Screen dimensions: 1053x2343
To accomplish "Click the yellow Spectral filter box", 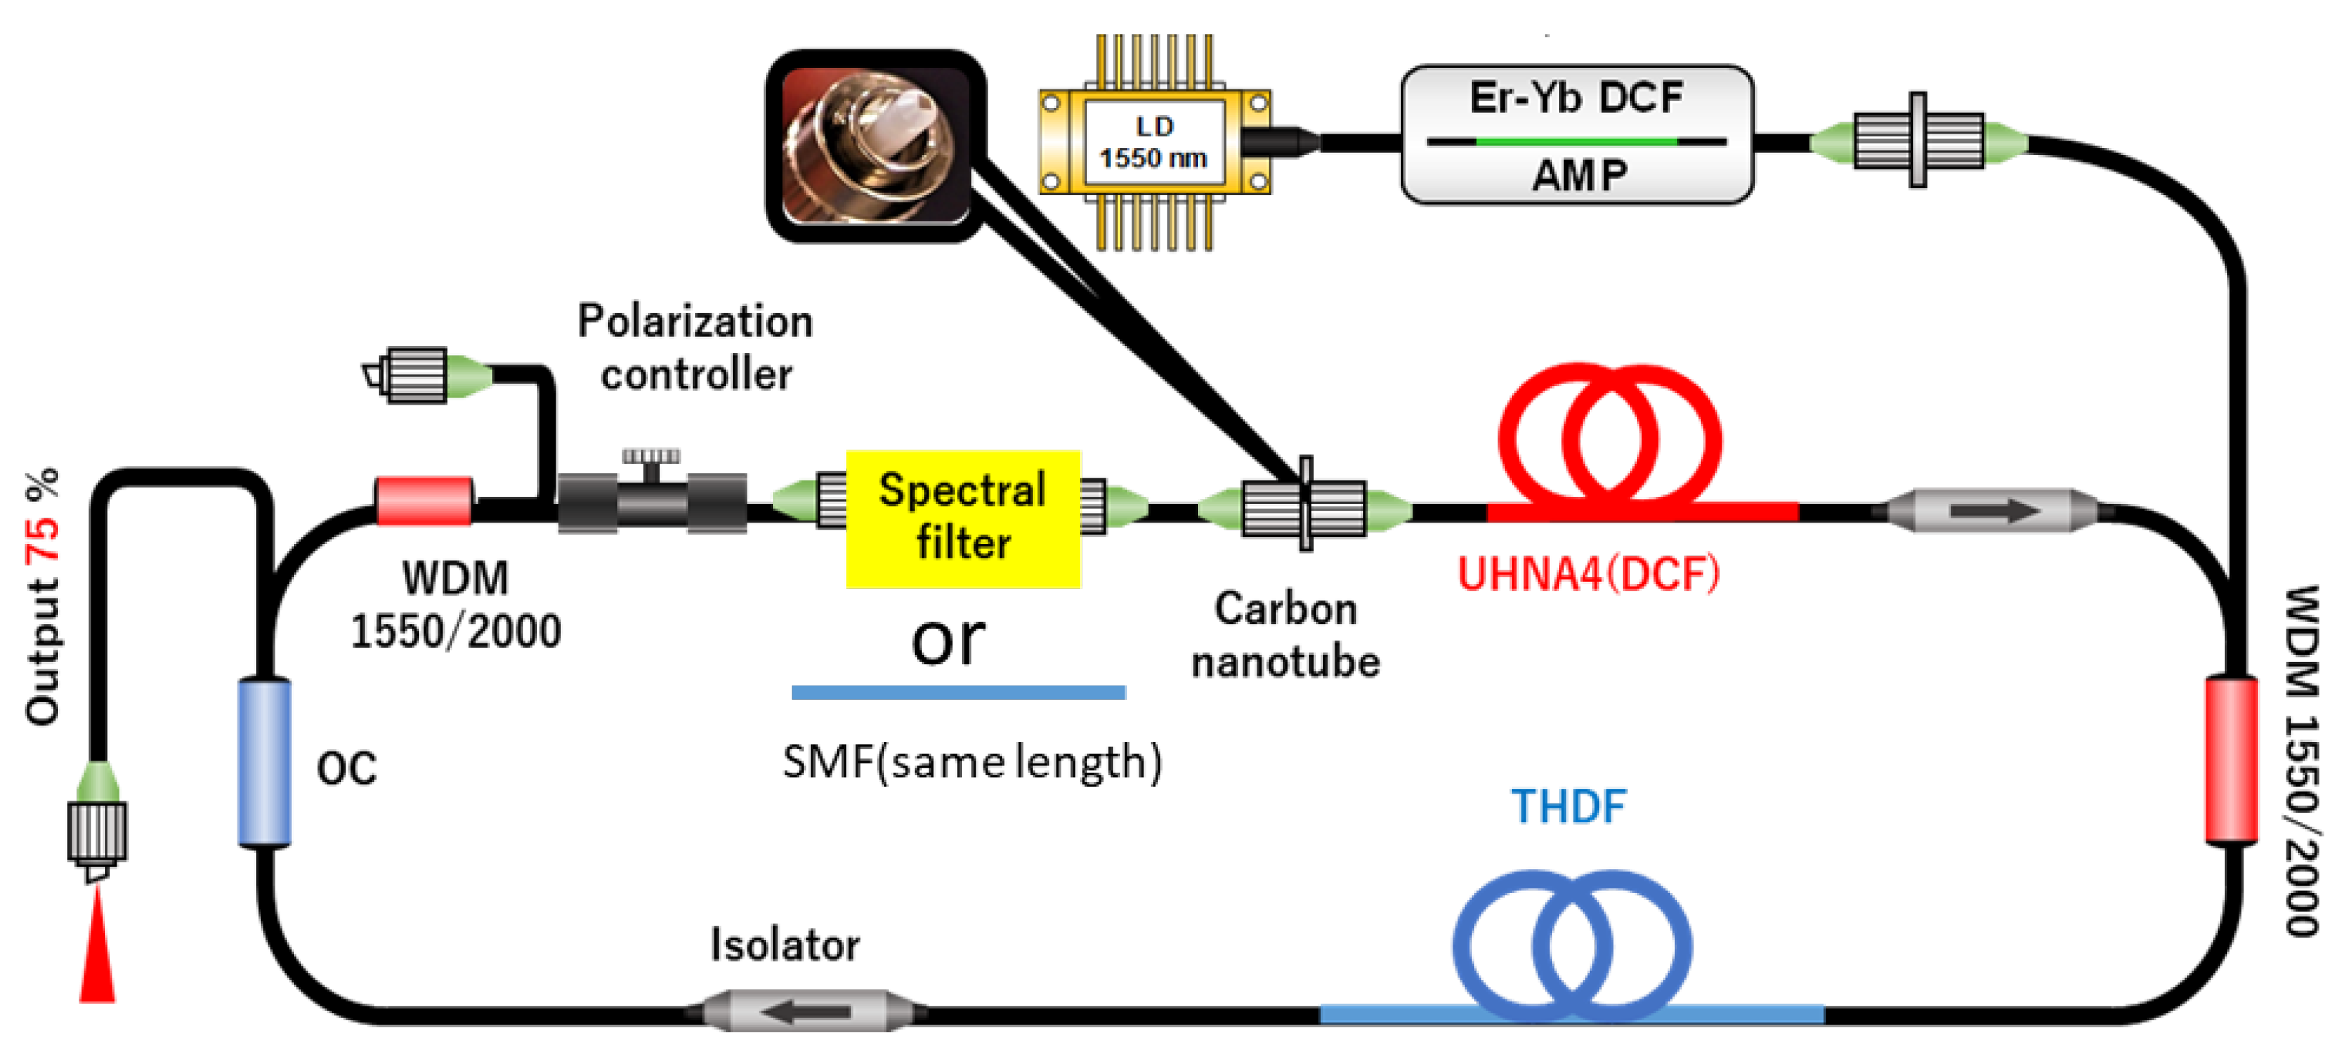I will click(963, 518).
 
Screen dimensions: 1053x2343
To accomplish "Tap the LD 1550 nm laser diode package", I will click(1154, 142).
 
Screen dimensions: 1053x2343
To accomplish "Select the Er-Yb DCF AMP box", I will click(1576, 134).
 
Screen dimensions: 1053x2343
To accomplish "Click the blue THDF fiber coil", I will click(1572, 946).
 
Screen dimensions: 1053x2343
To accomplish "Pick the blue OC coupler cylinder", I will click(265, 762).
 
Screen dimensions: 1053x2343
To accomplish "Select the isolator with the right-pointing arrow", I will click(1992, 510).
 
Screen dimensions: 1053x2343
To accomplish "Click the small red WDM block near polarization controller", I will click(424, 501).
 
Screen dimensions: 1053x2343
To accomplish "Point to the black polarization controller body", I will click(652, 502).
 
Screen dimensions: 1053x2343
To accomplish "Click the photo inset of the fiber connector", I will click(875, 146).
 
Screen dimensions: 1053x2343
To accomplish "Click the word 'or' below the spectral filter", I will click(947, 639).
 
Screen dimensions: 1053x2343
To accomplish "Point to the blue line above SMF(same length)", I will click(958, 692).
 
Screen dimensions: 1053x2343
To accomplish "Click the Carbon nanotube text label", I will click(1285, 635).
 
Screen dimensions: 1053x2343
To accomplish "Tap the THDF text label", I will click(1568, 806).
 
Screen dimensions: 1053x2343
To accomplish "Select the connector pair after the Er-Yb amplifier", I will click(1917, 140).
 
